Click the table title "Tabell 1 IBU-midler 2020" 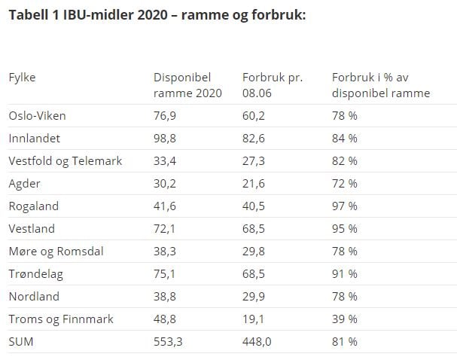[88, 15]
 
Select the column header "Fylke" [22, 78]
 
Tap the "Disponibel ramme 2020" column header [187, 85]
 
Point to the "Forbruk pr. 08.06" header [273, 85]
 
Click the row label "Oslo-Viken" [38, 116]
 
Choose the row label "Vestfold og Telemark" [66, 161]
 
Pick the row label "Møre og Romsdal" [56, 252]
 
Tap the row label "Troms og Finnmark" [61, 319]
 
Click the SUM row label [21, 342]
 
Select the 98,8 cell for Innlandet [165, 139]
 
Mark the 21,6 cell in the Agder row [254, 184]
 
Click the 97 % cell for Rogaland [345, 206]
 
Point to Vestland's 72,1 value [164, 229]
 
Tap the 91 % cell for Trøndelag [345, 274]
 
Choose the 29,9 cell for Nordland [254, 297]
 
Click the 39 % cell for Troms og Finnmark [345, 319]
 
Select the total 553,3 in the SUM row [168, 342]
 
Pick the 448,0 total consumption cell [257, 342]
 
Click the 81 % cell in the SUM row [345, 342]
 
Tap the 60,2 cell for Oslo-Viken [254, 116]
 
